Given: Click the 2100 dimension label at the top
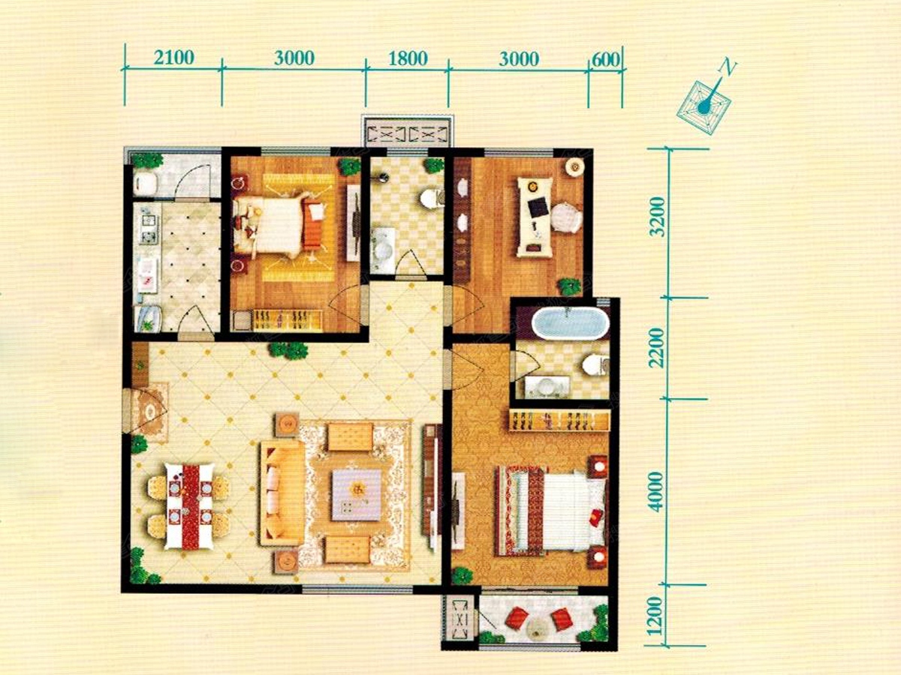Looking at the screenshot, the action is pos(174,58).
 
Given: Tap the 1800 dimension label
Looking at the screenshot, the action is pos(408,58).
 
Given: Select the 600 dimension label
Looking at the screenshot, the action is pos(606,60).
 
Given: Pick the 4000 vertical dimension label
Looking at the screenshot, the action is pos(657,492).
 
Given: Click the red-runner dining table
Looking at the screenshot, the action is pos(189,506).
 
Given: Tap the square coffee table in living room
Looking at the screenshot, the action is pos(357,495).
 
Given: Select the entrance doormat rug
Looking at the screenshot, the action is pos(152,412).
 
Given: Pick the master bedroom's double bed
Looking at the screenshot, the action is pos(550,512).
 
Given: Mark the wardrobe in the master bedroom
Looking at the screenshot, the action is pos(559,421).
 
